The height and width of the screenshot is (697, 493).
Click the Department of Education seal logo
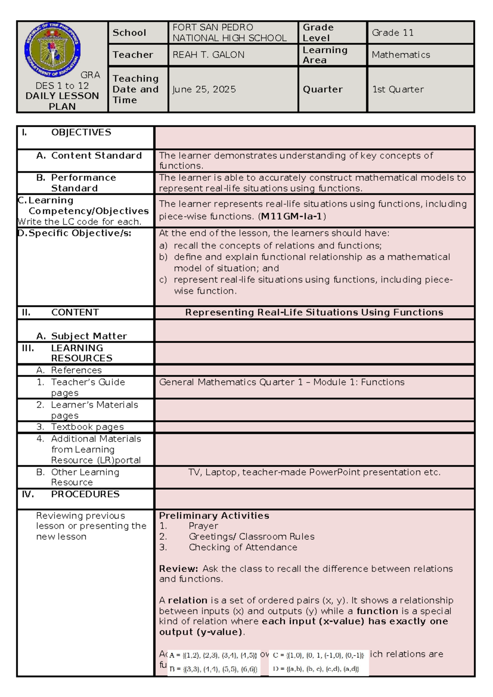point(53,50)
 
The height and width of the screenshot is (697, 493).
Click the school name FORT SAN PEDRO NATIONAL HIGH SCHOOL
point(229,33)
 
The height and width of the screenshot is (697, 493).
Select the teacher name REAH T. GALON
point(208,55)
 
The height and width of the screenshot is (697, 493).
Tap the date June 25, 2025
point(204,89)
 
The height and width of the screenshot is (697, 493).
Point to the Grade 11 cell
point(392,33)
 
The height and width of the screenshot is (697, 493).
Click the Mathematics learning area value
point(401,55)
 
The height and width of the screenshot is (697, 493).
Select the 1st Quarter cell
point(398,89)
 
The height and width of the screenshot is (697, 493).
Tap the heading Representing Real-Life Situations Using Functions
point(314,312)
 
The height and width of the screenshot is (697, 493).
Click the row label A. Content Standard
point(89,155)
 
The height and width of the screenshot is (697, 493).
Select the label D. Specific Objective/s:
point(75,233)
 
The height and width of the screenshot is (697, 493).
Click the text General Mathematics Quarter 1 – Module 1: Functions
point(281,382)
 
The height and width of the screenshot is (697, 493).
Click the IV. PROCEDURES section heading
point(71,494)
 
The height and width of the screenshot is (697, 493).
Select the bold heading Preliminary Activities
point(214,516)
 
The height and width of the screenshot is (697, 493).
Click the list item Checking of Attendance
point(243,547)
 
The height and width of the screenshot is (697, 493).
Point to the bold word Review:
point(178,569)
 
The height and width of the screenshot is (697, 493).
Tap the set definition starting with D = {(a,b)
point(316,669)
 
